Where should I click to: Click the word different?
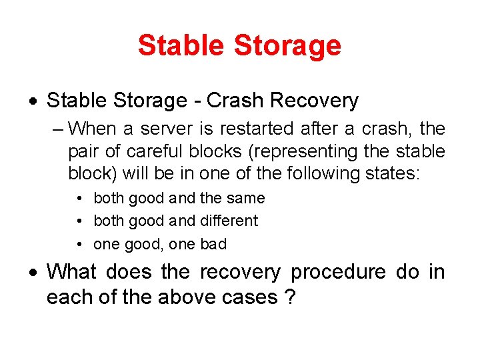tap(228, 221)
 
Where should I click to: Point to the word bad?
tap(213, 244)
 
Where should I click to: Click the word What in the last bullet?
tap(71, 272)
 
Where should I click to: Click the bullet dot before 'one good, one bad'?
tap(79, 244)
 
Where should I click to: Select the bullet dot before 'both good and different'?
tap(79, 221)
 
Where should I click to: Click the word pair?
tap(83, 151)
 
